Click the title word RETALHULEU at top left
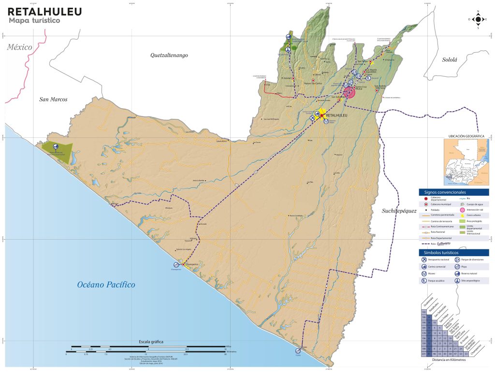click(44, 12)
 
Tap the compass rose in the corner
click(478, 19)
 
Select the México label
click(19, 47)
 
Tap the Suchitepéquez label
click(399, 211)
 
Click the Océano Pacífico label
click(106, 285)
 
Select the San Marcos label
click(53, 100)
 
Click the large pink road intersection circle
click(349, 93)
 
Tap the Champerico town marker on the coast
click(183, 264)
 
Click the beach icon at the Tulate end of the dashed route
click(299, 351)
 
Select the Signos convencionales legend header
click(454, 192)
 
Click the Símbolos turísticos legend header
click(454, 253)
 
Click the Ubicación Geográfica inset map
click(466, 162)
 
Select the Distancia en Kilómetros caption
click(452, 360)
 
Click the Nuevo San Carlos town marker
click(313, 81)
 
